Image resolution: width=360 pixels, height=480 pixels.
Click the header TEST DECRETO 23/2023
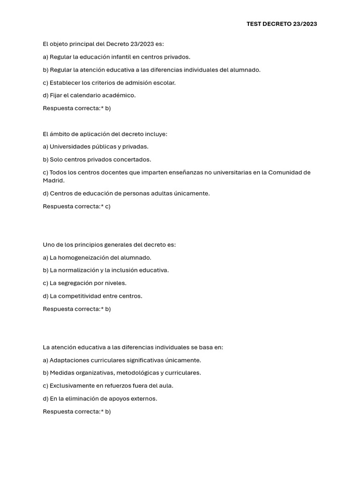click(282, 24)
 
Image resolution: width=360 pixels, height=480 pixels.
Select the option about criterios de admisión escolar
click(109, 82)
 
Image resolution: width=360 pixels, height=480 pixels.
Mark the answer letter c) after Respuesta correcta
click(108, 206)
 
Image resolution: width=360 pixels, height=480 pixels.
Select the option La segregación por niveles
click(84, 283)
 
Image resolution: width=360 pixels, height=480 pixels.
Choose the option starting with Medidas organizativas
click(122, 373)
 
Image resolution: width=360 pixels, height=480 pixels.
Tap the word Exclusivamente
click(73, 386)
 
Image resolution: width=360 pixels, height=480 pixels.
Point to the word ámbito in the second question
click(59, 134)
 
